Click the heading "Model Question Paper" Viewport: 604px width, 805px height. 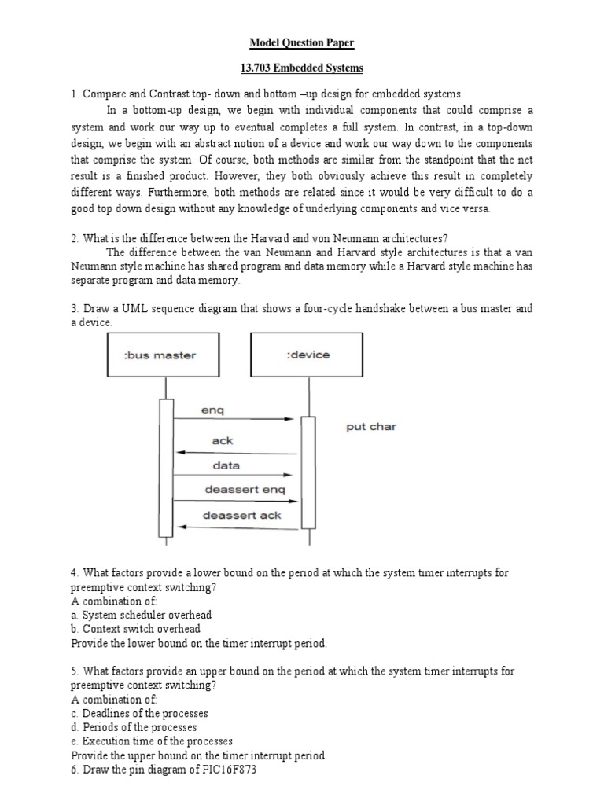pyautogui.click(x=302, y=42)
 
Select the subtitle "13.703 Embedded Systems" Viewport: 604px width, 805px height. pyautogui.click(x=302, y=68)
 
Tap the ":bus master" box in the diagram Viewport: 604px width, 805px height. pyautogui.click(x=160, y=355)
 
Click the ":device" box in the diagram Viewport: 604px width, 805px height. pyautogui.click(x=308, y=355)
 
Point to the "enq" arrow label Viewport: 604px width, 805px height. pyautogui.click(x=212, y=410)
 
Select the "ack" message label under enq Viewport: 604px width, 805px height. pyautogui.click(x=223, y=441)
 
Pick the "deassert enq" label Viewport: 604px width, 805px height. pyautogui.click(x=245, y=490)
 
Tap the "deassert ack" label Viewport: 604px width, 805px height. pyautogui.click(x=241, y=516)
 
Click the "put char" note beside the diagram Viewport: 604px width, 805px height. pyautogui.click(x=371, y=427)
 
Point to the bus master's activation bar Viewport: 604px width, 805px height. pyautogui.click(x=166, y=468)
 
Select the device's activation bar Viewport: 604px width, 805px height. pyautogui.click(x=308, y=472)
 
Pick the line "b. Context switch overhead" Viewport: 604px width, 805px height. pyautogui.click(x=136, y=629)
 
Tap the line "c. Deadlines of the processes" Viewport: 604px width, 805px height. pyautogui.click(x=140, y=713)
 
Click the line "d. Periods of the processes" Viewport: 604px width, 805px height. pyautogui.click(x=134, y=727)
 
